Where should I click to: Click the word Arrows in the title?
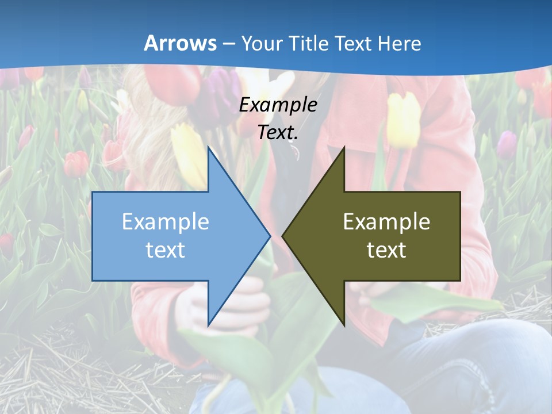[x=180, y=43]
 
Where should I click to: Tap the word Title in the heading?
[x=308, y=43]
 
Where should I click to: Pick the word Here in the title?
[x=400, y=43]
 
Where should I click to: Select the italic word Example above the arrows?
[x=278, y=105]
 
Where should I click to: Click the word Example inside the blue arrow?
[x=166, y=222]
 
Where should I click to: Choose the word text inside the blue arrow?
[x=166, y=250]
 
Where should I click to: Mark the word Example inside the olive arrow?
[x=386, y=222]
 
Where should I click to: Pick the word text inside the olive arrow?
[x=386, y=250]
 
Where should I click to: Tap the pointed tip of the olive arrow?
[x=283, y=236]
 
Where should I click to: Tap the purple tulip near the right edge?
[x=507, y=144]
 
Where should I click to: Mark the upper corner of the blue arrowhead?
[x=208, y=148]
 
